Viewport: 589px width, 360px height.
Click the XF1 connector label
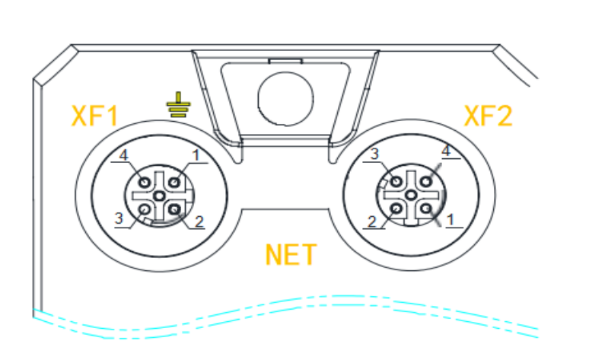[x=95, y=116]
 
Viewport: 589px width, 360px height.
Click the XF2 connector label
[x=489, y=116]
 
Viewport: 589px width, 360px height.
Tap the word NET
[x=291, y=254]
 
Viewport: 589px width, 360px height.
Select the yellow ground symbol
[x=177, y=106]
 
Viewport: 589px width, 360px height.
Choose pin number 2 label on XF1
[x=200, y=222]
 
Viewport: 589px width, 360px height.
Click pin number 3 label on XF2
[x=374, y=155]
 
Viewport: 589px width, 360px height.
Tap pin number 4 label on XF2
[x=447, y=151]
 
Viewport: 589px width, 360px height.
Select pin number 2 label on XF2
[x=373, y=222]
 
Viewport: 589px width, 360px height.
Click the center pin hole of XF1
[x=160, y=195]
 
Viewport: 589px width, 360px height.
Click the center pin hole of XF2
[x=411, y=195]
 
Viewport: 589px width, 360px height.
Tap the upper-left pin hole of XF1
[x=145, y=181]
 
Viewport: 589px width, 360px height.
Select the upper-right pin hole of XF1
[x=174, y=181]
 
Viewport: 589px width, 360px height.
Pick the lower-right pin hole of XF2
[x=425, y=208]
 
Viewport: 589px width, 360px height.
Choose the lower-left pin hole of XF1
[x=145, y=208]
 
